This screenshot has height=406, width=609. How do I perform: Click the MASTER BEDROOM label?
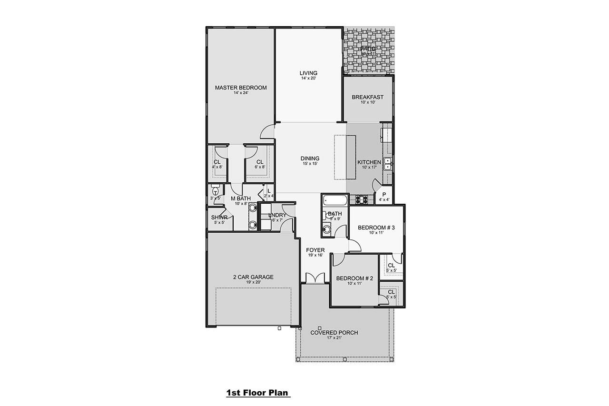pos(240,88)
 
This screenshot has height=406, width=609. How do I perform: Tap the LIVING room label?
pos(308,73)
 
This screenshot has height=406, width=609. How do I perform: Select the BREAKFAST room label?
pos(367,97)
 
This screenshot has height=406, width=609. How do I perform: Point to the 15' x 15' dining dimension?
pos(309,163)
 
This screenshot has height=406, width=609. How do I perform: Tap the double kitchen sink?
pos(388,164)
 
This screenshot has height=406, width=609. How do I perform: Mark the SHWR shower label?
pos(219,218)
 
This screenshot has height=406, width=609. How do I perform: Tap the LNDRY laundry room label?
pos(277,215)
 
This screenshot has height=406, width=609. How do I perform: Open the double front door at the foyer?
pos(314,278)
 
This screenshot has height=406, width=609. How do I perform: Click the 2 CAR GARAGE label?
pos(253,277)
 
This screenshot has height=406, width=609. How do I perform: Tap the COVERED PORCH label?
pos(334,333)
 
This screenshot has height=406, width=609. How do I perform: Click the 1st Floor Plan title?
pos(257,393)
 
